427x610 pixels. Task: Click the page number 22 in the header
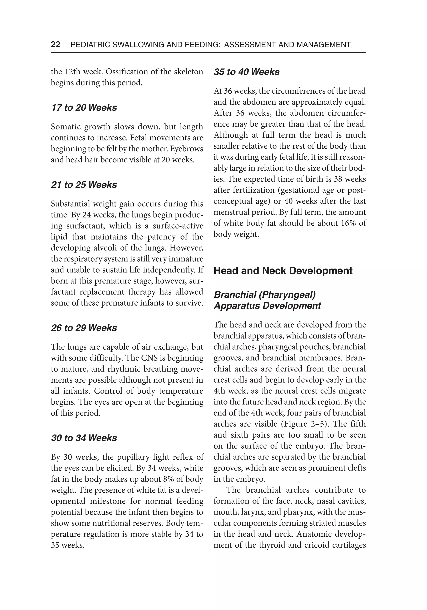pyautogui.click(x=55, y=44)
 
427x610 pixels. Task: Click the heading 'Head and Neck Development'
pyautogui.click(x=283, y=271)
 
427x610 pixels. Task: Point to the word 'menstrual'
pyautogui.click(x=231, y=212)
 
